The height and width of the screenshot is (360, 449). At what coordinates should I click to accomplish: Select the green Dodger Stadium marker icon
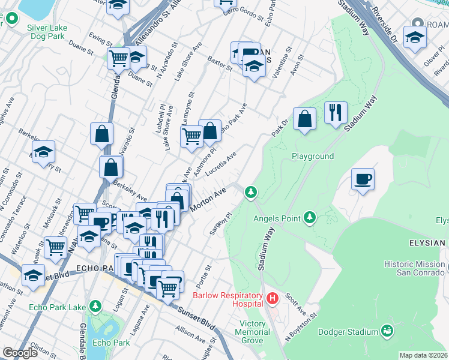[x=387, y=331]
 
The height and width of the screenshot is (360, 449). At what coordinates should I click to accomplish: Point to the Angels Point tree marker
[x=309, y=216]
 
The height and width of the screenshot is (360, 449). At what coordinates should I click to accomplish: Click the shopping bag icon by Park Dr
[x=305, y=118]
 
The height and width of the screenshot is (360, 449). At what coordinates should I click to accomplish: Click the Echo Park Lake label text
[x=56, y=308]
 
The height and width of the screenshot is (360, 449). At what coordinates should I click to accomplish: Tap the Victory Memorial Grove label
[x=252, y=332]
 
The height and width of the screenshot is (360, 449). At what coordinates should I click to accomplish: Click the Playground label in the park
[x=312, y=156]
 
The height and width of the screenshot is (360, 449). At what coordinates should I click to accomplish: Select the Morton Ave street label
[x=208, y=199]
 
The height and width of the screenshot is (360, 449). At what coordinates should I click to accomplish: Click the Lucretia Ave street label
[x=221, y=163]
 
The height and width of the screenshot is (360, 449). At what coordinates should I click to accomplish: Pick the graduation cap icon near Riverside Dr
[x=414, y=37]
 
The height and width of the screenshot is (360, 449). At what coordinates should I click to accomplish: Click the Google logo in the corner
[x=20, y=353]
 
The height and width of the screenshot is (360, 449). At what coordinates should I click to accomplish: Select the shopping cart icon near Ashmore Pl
[x=191, y=136]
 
